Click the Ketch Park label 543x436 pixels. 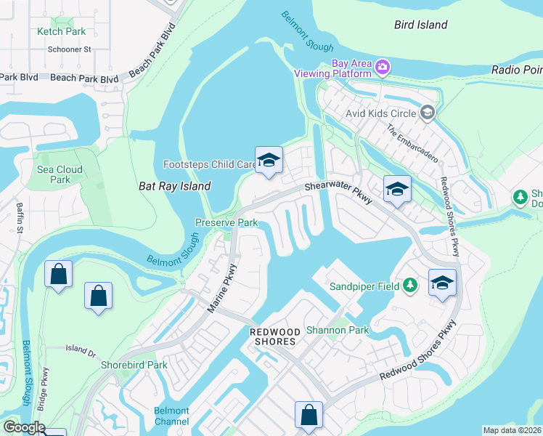pyautogui.click(x=62, y=31)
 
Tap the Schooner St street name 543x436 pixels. pyautogui.click(x=68, y=49)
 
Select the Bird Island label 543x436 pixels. pyautogui.click(x=420, y=25)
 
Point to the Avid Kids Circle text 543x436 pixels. pyautogui.click(x=381, y=113)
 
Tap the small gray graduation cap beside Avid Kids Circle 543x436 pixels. pyautogui.click(x=428, y=113)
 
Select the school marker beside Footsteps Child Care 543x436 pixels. pyautogui.click(x=269, y=161)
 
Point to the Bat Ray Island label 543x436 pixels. pyautogui.click(x=174, y=186)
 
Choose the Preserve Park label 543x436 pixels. pyautogui.click(x=226, y=222)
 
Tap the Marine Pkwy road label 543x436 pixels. pyautogui.click(x=222, y=289)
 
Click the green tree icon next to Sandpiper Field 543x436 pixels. pyautogui.click(x=411, y=286)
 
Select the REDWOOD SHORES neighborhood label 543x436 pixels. pyautogui.click(x=273, y=336)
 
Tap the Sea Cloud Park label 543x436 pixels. pyautogui.click(x=60, y=174)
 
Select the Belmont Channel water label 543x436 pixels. pyautogui.click(x=171, y=416)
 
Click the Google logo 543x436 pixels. pyautogui.click(x=23, y=427)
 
